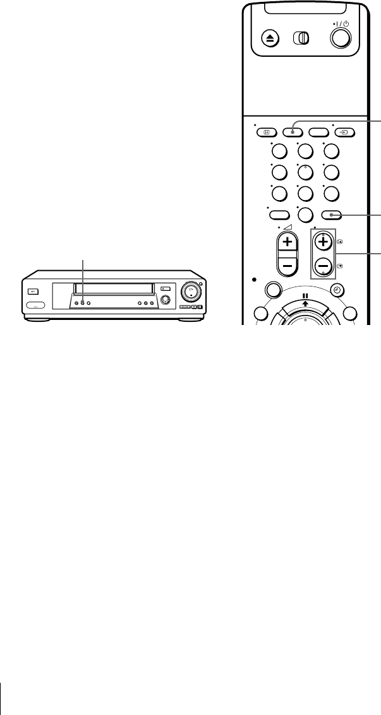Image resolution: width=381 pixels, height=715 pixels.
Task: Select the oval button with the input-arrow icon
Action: click(x=345, y=133)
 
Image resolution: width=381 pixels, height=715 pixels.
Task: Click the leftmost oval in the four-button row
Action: click(x=267, y=133)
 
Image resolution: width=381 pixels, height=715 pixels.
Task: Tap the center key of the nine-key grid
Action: click(x=305, y=172)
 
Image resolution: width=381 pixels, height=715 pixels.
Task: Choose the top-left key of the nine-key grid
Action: click(x=279, y=151)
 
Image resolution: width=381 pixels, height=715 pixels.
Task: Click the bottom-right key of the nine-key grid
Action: click(x=332, y=194)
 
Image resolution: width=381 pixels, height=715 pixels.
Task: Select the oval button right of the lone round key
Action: click(x=332, y=215)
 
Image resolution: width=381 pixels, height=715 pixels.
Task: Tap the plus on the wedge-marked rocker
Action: click(x=288, y=243)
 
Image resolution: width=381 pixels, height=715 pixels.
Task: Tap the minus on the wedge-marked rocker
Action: click(x=288, y=266)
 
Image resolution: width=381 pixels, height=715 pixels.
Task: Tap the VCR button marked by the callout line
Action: click(x=82, y=304)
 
